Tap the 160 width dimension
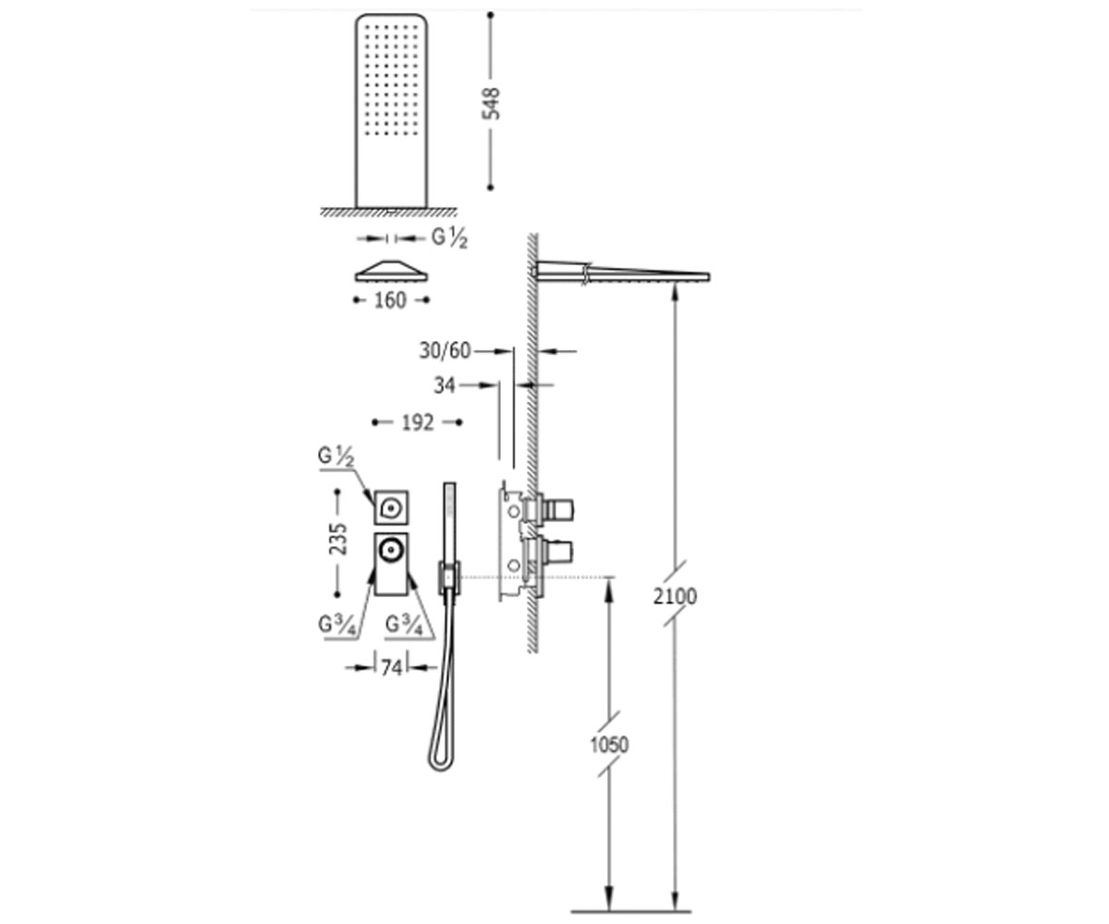[x=390, y=300]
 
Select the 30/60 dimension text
[x=445, y=351]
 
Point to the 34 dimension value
[x=445, y=385]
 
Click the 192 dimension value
[x=418, y=422]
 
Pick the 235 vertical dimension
[x=338, y=539]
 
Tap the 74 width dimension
[x=392, y=668]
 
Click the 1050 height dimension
[x=609, y=745]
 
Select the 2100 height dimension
[x=675, y=597]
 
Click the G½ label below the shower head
[x=449, y=237]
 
